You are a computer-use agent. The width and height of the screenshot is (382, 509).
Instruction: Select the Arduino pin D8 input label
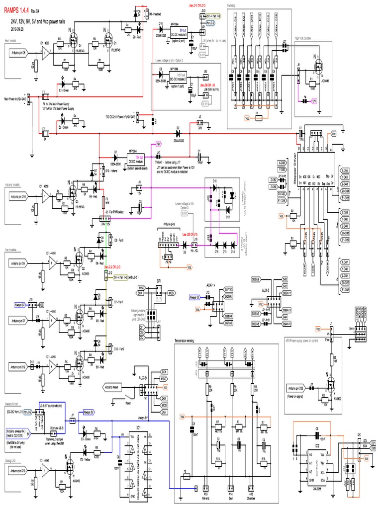pyautogui.click(x=19, y=52)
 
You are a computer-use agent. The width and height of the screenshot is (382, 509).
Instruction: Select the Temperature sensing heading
pyautogui.click(x=188, y=340)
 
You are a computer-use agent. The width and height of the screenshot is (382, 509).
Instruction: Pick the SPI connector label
pyautogui.click(x=159, y=282)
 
